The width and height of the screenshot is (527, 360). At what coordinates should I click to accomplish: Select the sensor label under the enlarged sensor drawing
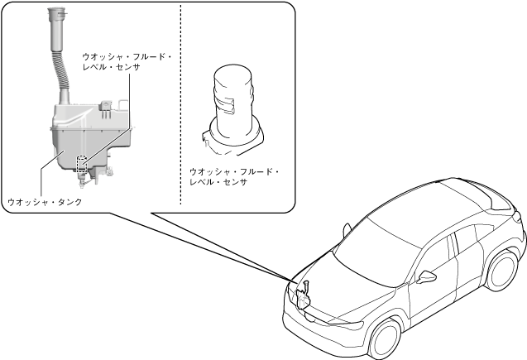(234, 177)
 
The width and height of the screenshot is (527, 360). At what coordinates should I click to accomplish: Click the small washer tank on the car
(304, 294)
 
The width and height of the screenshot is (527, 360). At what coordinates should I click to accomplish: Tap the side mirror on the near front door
(427, 276)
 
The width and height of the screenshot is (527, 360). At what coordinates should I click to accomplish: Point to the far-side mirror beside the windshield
(347, 224)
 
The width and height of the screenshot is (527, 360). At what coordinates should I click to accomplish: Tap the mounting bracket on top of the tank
(107, 105)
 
